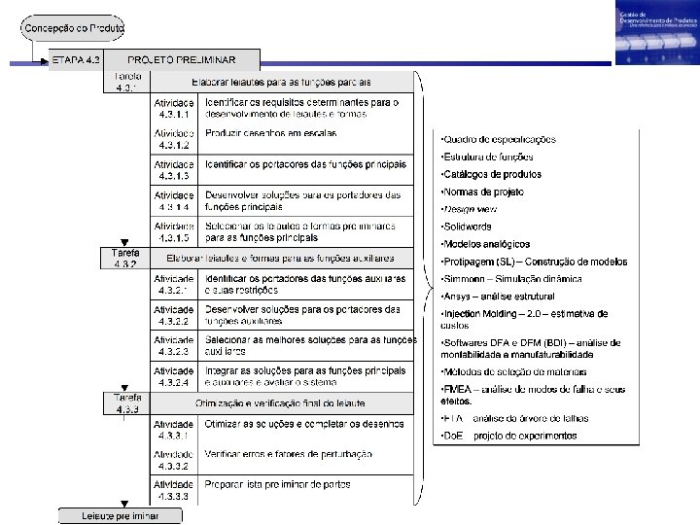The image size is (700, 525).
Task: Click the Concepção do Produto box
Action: coord(75,27)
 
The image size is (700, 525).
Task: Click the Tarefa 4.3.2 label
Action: coord(125,258)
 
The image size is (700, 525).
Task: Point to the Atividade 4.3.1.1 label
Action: coord(174,108)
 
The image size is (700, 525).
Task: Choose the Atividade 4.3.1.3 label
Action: coord(174,171)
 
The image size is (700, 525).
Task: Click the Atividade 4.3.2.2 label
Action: coord(174,315)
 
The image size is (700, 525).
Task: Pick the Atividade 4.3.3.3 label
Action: coord(174,490)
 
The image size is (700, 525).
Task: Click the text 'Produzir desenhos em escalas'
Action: coord(271,133)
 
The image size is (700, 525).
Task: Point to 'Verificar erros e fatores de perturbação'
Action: coord(289,454)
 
